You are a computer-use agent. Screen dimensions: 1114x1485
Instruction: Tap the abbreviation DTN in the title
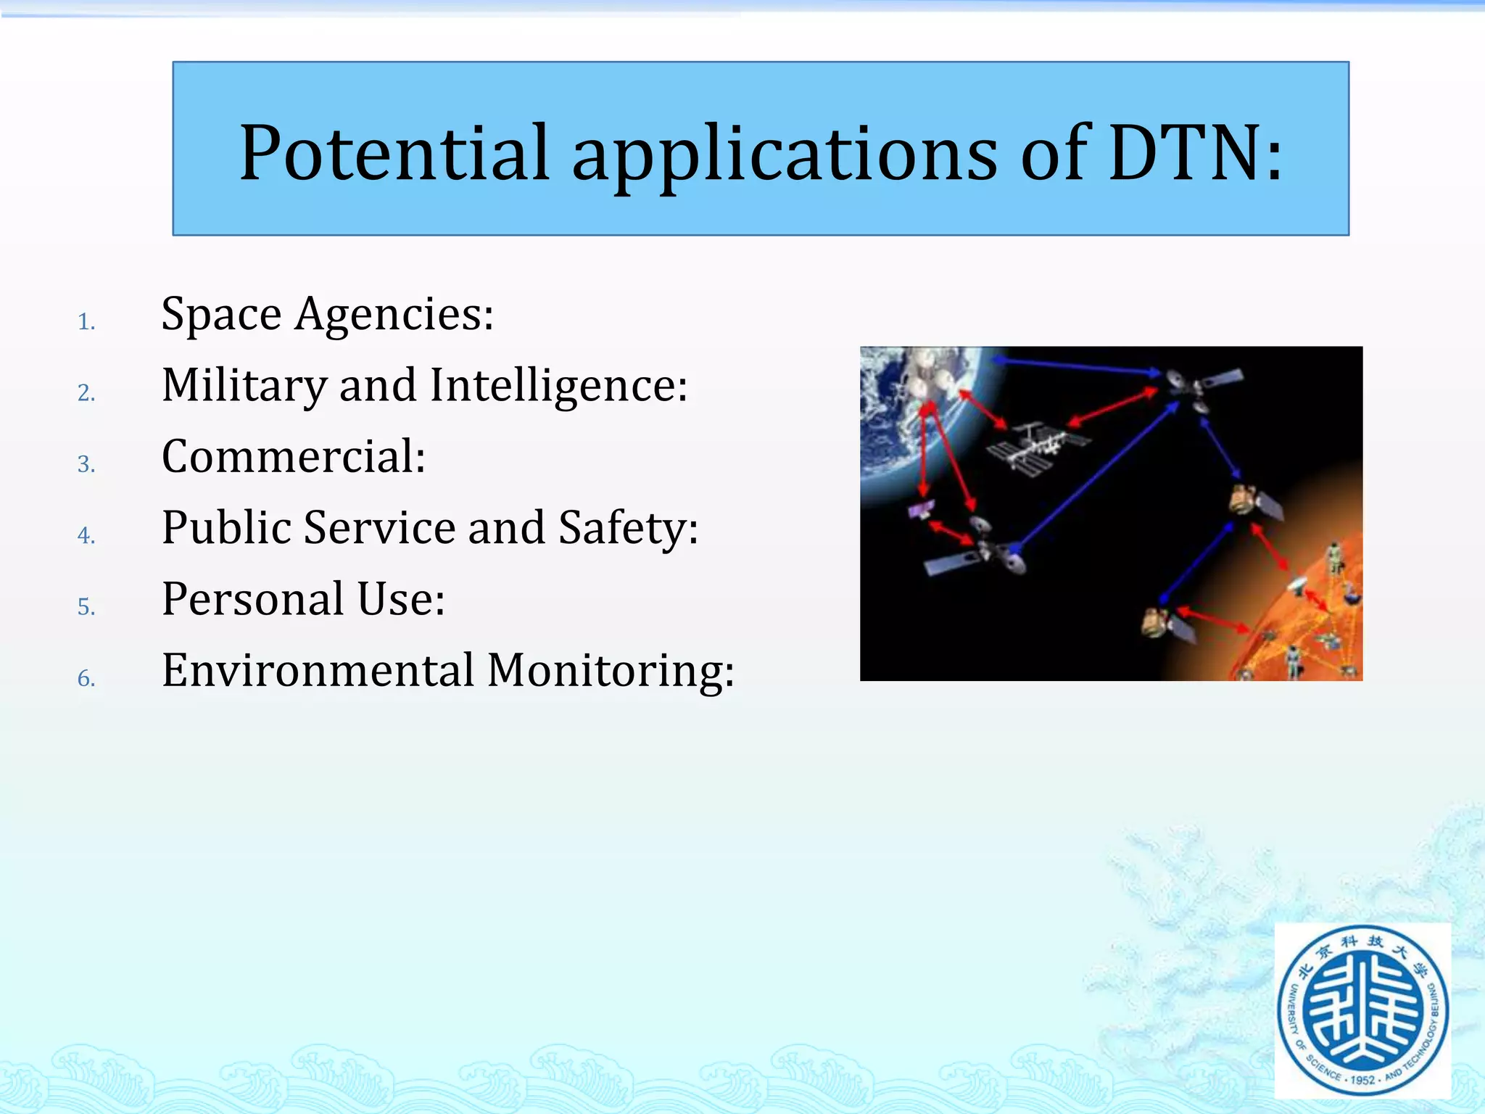1184,153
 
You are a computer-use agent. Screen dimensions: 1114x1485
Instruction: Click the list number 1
86,322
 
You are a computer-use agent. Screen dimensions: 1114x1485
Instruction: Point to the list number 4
86,536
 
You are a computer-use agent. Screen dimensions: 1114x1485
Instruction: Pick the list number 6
86,679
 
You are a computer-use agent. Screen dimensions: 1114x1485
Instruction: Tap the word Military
244,386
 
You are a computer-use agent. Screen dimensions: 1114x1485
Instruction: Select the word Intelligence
557,386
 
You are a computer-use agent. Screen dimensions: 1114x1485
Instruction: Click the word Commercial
293,457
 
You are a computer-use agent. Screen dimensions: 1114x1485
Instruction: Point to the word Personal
252,599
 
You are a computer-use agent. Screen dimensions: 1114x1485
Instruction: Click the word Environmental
318,670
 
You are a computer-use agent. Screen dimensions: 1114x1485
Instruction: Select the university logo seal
1362,1010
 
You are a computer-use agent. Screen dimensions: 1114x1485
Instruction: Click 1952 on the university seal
1362,1080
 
